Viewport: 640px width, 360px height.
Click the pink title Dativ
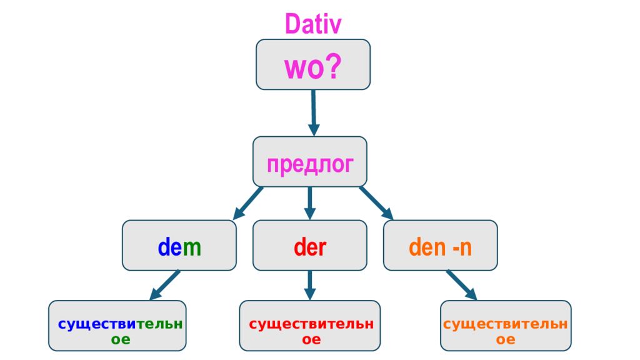click(x=313, y=24)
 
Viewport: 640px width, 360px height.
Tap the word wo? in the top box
click(x=312, y=67)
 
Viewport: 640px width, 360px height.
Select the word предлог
click(x=310, y=164)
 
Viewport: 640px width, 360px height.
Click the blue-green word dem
click(x=179, y=247)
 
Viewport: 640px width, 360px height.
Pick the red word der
click(x=310, y=247)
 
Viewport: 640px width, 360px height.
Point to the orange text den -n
click(x=440, y=247)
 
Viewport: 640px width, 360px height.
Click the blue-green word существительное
click(x=121, y=331)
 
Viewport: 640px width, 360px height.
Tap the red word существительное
click(x=311, y=331)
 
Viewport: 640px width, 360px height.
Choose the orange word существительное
click(x=505, y=331)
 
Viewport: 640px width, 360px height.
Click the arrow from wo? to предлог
click(x=314, y=112)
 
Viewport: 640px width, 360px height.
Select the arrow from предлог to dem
click(x=247, y=203)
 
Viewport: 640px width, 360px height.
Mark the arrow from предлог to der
click(x=310, y=203)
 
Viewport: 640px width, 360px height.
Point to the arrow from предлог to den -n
click(x=376, y=203)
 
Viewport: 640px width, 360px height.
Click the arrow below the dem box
click(x=164, y=285)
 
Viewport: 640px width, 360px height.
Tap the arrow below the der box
click(x=310, y=285)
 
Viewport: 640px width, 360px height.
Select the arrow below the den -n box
click(x=462, y=285)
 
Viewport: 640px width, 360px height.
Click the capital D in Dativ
click(x=292, y=24)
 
